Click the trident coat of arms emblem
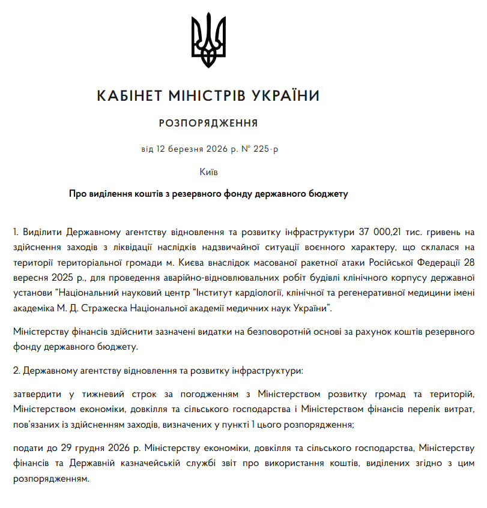pyautogui.click(x=208, y=40)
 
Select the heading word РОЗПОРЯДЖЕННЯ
pyautogui.click(x=208, y=124)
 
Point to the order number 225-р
pyautogui.click(x=262, y=148)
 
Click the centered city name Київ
pyautogui.click(x=208, y=172)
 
